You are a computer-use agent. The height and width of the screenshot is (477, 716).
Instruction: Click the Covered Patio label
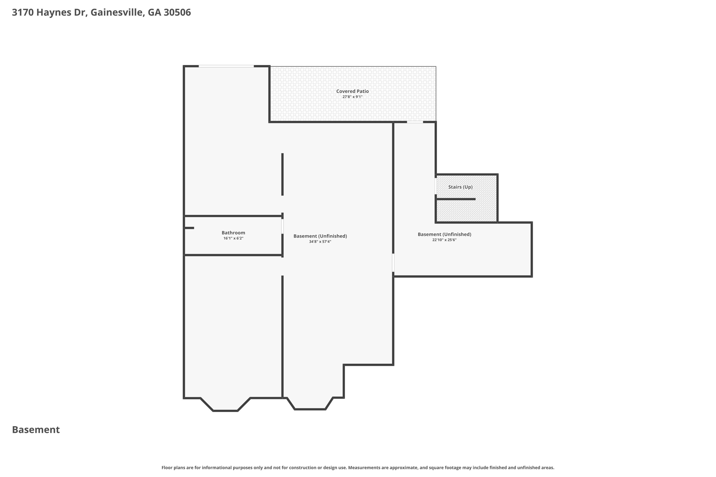352,91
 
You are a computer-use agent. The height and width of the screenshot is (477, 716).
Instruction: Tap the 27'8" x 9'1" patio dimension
352,97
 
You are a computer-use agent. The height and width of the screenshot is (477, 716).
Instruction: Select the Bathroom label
233,233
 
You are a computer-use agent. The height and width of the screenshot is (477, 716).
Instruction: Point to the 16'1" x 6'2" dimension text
233,238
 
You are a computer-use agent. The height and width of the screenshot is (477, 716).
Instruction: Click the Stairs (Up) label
460,187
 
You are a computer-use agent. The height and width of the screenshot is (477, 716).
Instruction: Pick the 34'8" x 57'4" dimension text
320,241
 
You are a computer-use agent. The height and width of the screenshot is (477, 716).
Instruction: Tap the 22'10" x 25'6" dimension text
444,240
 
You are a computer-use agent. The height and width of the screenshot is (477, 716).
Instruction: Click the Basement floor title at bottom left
36,430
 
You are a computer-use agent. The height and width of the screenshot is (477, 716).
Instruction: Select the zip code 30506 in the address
177,13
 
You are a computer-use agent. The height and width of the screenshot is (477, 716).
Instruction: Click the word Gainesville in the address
117,13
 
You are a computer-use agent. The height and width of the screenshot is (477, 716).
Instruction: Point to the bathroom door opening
282,226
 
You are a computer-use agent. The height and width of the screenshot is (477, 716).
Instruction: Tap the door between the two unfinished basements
393,262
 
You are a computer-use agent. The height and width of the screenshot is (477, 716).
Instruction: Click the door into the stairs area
436,186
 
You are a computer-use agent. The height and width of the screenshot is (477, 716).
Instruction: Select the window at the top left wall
226,66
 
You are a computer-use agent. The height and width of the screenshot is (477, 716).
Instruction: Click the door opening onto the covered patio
415,122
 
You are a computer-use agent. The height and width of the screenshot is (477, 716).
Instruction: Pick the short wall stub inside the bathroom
189,228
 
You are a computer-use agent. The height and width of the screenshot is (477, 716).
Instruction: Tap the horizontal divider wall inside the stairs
456,199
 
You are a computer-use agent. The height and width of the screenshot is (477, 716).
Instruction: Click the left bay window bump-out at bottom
225,405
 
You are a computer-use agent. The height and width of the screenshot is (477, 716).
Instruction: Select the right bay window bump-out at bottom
310,404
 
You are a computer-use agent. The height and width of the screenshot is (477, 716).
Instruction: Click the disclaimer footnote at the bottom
358,468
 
